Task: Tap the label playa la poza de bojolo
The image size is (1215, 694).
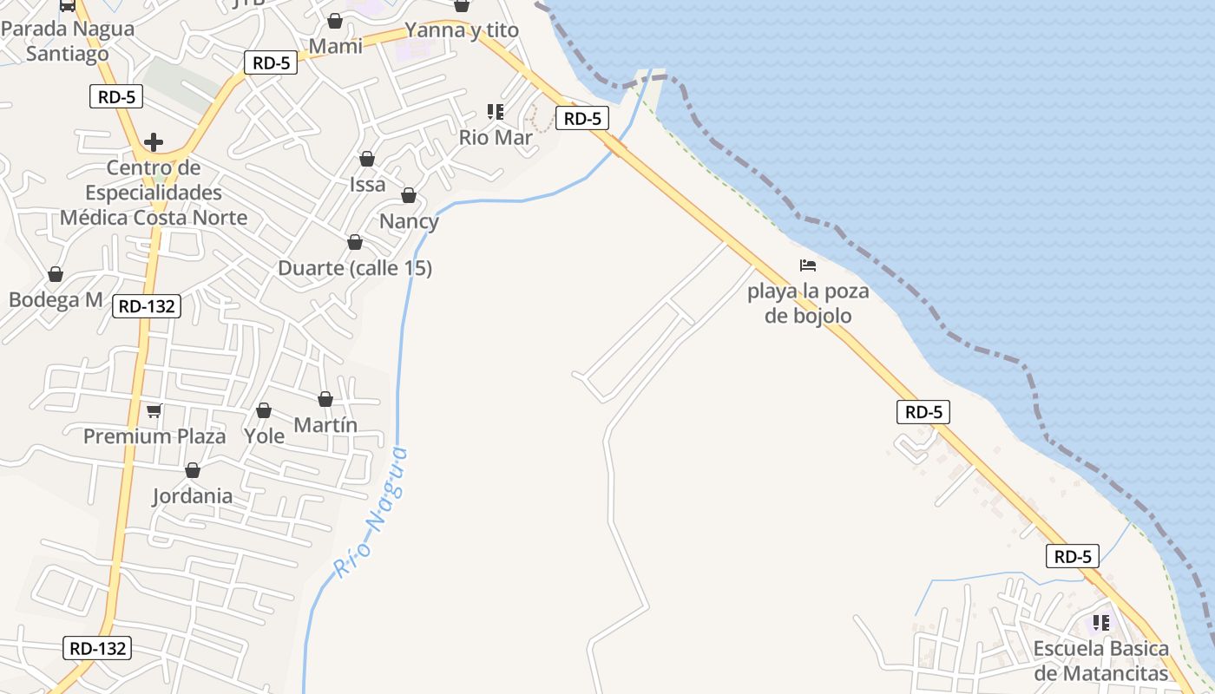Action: [808, 303]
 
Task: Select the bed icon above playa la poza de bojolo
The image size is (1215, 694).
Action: [808, 265]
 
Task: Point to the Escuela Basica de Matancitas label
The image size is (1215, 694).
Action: [1100, 661]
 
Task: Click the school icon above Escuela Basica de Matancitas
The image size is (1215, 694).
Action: [1101, 622]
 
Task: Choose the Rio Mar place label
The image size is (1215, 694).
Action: [496, 137]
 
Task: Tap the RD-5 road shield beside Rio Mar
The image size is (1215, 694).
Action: [581, 119]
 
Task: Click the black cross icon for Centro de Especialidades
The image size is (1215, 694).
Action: [154, 142]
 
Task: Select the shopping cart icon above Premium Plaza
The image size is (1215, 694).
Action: [154, 410]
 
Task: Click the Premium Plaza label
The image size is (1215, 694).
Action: [154, 436]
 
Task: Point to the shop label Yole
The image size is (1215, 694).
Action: [264, 436]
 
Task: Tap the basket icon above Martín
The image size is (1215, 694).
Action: [325, 399]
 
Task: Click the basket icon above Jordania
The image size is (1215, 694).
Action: [193, 470]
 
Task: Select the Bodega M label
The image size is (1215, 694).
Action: [56, 300]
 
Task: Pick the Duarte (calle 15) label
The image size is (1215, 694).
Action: [354, 268]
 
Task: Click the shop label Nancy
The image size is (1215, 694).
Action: [409, 221]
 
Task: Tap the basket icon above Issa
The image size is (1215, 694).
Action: [367, 159]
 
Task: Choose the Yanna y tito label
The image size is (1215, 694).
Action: [462, 30]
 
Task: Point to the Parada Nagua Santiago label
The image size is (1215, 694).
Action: [68, 41]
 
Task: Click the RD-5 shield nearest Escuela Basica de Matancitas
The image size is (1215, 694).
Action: [1073, 556]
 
